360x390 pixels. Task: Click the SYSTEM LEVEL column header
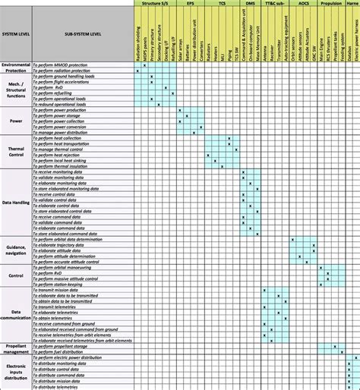point(15,35)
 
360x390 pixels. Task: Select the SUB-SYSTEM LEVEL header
point(64,35)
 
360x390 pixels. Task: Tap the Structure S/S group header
point(154,4)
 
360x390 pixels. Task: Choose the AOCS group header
point(304,4)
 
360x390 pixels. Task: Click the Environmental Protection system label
point(15,68)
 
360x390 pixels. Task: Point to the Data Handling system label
point(15,203)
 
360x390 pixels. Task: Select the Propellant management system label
point(15,349)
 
